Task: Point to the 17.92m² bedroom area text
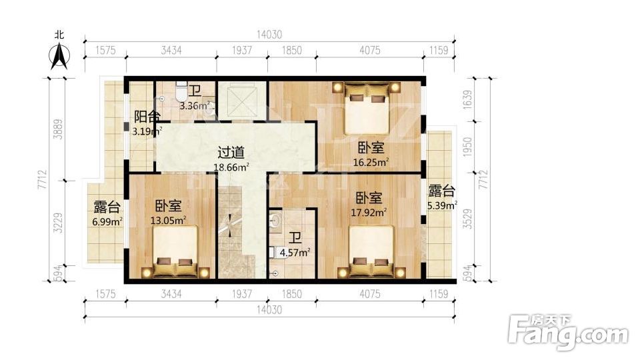pos(369,213)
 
